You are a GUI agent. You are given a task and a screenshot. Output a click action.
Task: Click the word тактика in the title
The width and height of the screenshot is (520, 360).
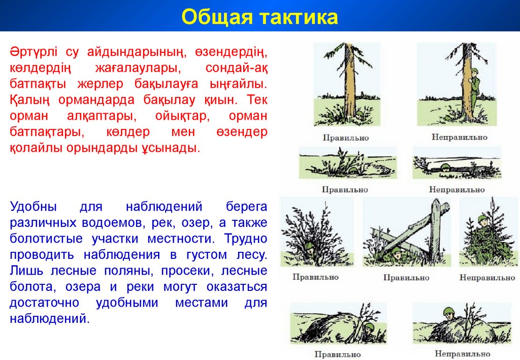(300, 17)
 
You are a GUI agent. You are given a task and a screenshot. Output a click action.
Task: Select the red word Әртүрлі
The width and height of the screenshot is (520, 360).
(34, 52)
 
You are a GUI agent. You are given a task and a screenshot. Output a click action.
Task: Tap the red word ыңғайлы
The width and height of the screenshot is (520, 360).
(238, 84)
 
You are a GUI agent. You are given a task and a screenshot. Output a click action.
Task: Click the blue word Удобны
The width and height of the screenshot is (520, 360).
(33, 207)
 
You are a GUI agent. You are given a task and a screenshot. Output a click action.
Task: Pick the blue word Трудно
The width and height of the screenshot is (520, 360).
(246, 239)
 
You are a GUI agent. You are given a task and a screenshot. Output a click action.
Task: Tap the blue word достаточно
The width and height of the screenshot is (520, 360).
(45, 303)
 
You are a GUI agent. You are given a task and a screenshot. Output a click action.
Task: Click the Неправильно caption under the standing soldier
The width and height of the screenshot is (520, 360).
(459, 137)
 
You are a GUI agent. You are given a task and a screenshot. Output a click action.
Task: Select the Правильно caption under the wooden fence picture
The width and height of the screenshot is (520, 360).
(406, 278)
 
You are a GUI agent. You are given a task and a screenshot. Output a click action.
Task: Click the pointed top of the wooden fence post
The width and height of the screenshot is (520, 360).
(435, 200)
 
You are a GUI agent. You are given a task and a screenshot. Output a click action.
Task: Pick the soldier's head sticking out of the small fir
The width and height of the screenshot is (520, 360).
(482, 221)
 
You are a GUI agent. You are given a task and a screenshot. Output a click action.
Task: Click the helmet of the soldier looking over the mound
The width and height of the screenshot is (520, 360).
(449, 310)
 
